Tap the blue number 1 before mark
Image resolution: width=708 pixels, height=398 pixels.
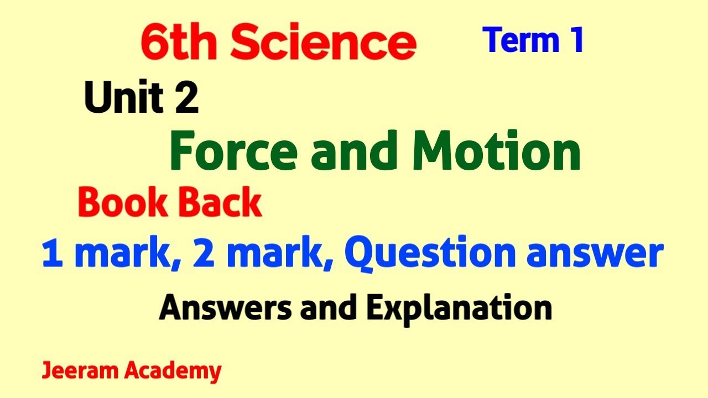click(x=51, y=254)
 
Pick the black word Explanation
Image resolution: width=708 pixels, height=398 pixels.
click(x=459, y=308)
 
